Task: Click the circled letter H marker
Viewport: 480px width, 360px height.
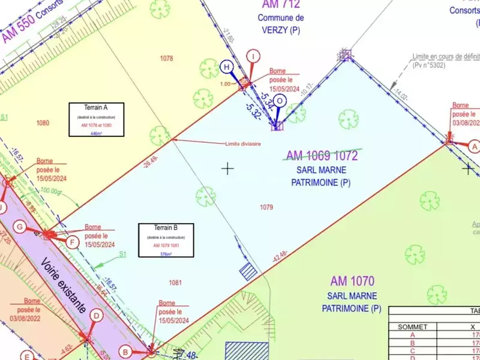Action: point(227,66)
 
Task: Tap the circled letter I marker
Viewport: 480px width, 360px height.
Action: point(255,56)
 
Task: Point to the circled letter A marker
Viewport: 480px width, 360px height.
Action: point(474,146)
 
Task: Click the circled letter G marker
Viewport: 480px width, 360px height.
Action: point(20,227)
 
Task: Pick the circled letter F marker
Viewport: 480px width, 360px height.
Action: point(73,242)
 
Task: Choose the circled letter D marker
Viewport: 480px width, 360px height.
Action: point(96,315)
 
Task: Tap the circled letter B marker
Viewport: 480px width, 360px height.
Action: point(125,352)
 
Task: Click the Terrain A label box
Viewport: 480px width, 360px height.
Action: point(97,119)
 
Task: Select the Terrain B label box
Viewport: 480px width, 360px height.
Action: point(166,240)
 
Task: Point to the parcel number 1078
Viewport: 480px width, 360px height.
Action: point(167,58)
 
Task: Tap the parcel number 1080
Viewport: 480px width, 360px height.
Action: point(43,123)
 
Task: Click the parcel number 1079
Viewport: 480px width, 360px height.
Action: point(266,208)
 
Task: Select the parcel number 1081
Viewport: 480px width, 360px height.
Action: point(175,282)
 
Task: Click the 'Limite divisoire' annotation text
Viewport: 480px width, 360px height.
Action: point(242,144)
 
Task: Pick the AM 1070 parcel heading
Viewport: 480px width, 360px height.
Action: point(352,280)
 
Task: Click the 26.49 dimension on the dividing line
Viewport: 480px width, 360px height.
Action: point(151,160)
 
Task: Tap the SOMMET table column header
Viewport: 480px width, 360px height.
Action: point(412,327)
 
